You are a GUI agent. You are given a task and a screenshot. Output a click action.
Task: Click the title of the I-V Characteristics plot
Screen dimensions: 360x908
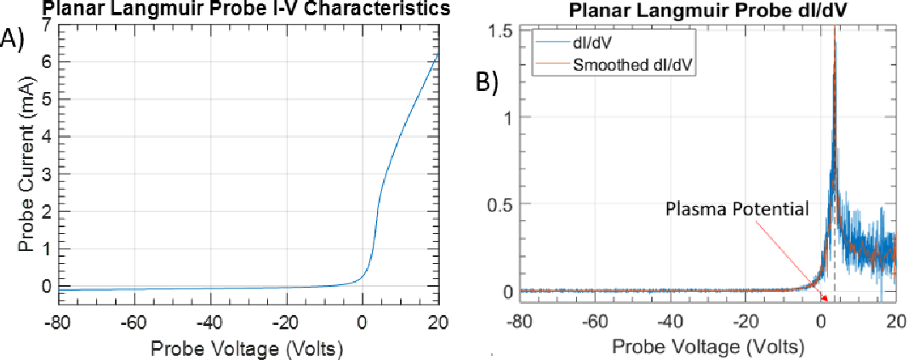tap(237, 9)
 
